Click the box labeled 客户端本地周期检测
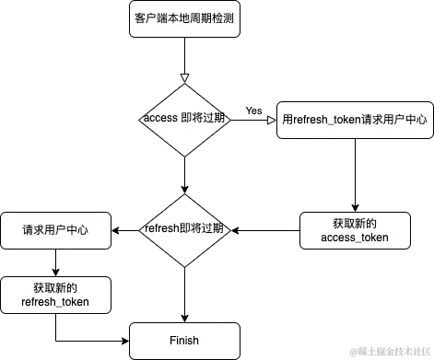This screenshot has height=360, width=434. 183,17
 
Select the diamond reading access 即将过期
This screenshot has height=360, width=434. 185,120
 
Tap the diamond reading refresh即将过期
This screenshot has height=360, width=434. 185,227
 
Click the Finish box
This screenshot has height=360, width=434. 183,341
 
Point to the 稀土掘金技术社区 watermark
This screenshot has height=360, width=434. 385,349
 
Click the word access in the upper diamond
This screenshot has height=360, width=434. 162,120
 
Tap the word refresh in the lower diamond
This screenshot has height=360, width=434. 162,227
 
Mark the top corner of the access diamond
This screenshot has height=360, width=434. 185,78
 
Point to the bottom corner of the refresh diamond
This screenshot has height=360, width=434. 185,269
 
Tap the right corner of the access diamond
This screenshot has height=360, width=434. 229,120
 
